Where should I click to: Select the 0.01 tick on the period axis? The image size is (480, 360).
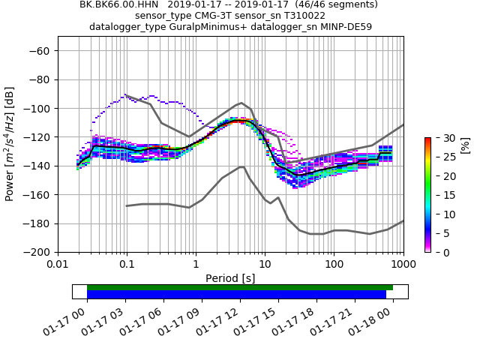tap(58, 265)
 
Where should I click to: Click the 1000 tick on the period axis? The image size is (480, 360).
tap(403, 265)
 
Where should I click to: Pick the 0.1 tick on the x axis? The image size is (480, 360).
tap(127, 265)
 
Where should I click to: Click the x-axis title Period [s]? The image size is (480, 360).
tap(230, 278)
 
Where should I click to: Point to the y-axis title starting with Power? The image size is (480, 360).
tap(10, 144)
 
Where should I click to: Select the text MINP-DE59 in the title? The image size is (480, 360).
tap(344, 27)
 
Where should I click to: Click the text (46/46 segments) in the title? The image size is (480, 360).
tap(331, 4)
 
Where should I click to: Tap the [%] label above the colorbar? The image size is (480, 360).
tap(464, 145)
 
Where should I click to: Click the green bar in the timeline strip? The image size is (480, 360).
tap(240, 287)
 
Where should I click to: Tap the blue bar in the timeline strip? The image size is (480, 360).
tap(236, 295)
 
